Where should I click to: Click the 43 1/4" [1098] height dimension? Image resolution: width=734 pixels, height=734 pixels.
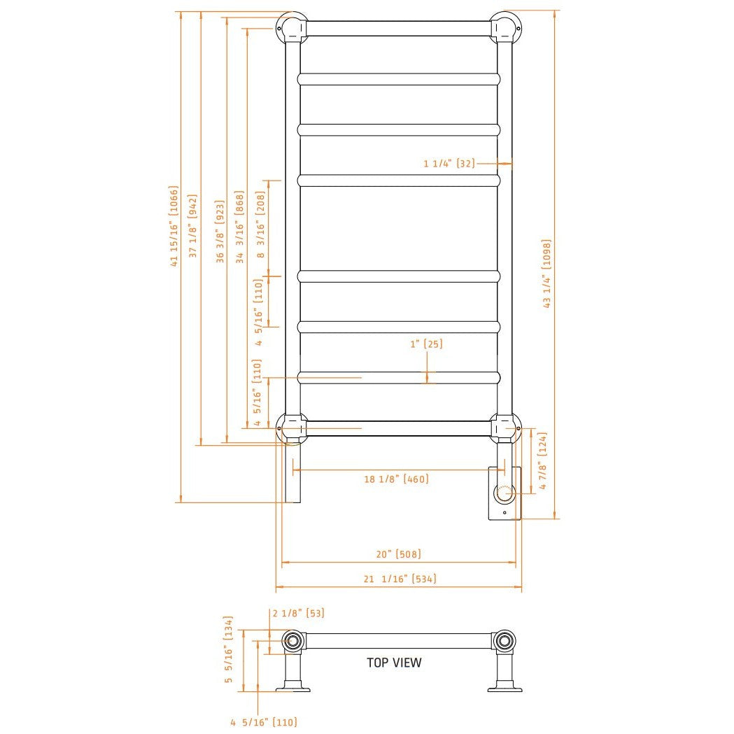pyautogui.click(x=547, y=274)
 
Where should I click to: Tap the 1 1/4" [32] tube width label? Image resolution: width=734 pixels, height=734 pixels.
pyautogui.click(x=449, y=164)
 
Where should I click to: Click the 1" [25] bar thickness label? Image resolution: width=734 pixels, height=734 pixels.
pyautogui.click(x=426, y=344)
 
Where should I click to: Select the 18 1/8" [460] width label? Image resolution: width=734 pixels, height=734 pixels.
pyautogui.click(x=396, y=479)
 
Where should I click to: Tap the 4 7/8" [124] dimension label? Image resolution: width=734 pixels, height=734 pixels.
pyautogui.click(x=542, y=461)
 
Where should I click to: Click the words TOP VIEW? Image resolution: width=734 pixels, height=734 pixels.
pyautogui.click(x=394, y=662)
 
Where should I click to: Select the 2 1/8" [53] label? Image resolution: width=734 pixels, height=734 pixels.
pyautogui.click(x=298, y=614)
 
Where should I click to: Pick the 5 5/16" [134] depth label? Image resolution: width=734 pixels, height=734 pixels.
pyautogui.click(x=227, y=649)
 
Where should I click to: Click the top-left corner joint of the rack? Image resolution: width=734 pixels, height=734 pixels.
pyautogui.click(x=292, y=28)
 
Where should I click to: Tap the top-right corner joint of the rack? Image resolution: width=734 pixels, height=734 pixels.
pyautogui.click(x=504, y=28)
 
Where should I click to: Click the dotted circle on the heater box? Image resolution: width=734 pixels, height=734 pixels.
pyautogui.click(x=504, y=493)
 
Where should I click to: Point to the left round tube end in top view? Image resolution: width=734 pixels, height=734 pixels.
pyautogui.click(x=292, y=640)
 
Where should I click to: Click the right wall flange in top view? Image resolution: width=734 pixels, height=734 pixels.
pyautogui.click(x=504, y=689)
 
